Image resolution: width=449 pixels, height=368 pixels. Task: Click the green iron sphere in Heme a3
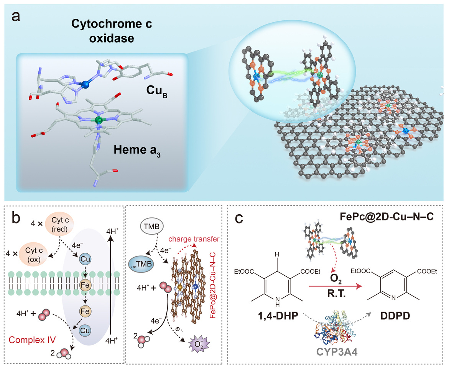(99, 121)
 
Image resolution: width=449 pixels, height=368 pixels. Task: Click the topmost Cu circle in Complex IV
(85, 260)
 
